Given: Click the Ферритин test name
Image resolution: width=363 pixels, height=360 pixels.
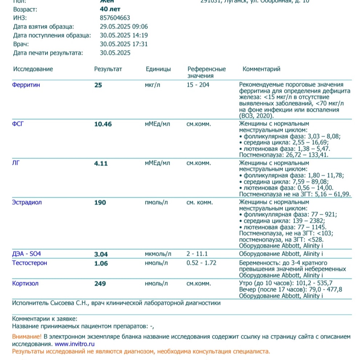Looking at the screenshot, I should [x=26, y=85].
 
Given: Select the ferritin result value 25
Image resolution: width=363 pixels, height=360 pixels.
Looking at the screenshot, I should [x=98, y=85].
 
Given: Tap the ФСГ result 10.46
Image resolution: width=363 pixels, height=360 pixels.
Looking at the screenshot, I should [x=103, y=124].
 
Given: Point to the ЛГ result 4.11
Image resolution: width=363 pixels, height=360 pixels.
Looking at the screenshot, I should [x=101, y=163].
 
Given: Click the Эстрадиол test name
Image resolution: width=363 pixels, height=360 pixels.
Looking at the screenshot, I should [x=27, y=202].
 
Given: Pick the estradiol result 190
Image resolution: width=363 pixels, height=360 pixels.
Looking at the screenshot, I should [x=100, y=203].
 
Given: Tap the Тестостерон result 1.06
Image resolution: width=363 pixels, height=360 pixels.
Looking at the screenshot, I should [x=101, y=264].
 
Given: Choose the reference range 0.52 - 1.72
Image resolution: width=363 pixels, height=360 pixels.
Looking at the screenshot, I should [x=201, y=263].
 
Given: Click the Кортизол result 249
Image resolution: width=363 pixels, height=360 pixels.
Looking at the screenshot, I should [x=100, y=284].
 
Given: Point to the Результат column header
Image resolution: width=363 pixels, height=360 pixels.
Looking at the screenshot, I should [x=108, y=69].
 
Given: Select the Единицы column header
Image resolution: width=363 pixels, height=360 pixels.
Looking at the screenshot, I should [x=158, y=69].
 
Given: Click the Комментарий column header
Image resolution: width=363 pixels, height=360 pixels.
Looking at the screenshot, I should [x=261, y=69].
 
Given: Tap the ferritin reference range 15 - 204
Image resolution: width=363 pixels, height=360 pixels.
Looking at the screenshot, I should [x=198, y=85].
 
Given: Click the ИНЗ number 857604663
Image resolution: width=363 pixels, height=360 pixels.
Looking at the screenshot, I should [x=115, y=17].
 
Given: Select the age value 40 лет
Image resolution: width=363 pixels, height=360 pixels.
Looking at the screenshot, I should [x=110, y=9].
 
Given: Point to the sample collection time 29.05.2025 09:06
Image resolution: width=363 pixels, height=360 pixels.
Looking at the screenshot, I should [x=124, y=26].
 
